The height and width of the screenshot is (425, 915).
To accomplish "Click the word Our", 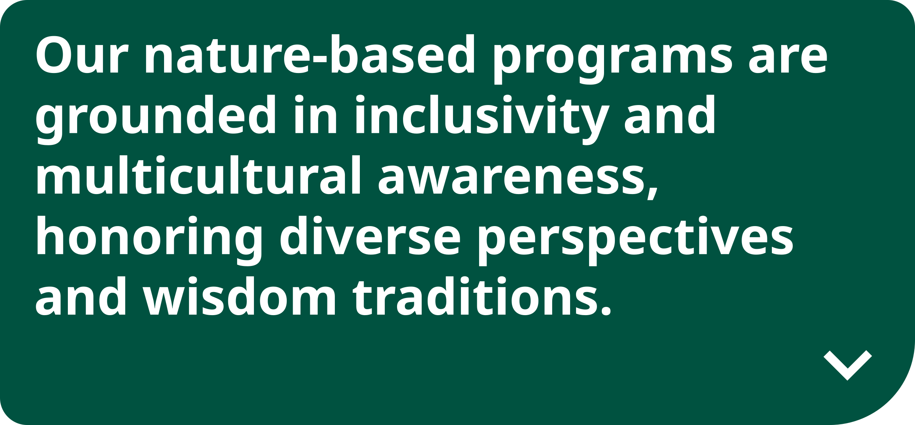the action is pyautogui.click(x=82, y=54).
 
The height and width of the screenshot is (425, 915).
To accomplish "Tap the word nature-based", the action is pyautogui.click(x=310, y=54).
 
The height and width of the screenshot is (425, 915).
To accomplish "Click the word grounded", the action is pyautogui.click(x=155, y=119).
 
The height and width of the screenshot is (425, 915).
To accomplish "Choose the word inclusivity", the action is pyautogui.click(x=482, y=119).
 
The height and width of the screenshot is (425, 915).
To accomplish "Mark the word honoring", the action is pyautogui.click(x=149, y=240).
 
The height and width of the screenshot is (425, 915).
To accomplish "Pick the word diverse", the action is pyautogui.click(x=370, y=235).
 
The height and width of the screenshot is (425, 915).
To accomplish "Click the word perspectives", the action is pyautogui.click(x=636, y=240).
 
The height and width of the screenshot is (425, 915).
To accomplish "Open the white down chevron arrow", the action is pyautogui.click(x=848, y=365).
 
